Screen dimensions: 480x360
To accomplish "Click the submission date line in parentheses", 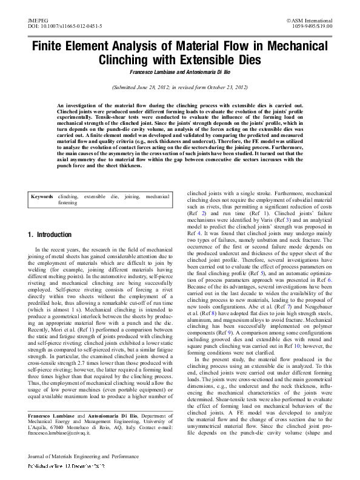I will [x=179, y=88].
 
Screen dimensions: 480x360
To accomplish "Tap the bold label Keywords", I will [x=42, y=197].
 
